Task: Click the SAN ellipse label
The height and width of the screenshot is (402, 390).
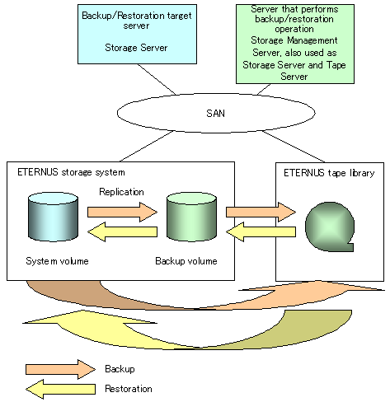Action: pyautogui.click(x=215, y=114)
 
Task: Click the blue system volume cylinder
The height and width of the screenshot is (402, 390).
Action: pyautogui.click(x=53, y=217)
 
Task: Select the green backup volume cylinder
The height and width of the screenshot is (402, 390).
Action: pyautogui.click(x=191, y=217)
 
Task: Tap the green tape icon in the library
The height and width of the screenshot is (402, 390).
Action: pyautogui.click(x=330, y=227)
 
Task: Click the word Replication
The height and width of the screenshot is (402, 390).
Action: pyautogui.click(x=121, y=192)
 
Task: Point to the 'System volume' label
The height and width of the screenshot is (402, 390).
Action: pyautogui.click(x=57, y=261)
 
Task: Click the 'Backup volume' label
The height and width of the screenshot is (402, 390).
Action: pyautogui.click(x=186, y=261)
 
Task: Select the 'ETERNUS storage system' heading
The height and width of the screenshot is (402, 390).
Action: pyautogui.click(x=71, y=172)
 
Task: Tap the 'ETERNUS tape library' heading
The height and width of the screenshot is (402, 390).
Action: pyautogui.click(x=329, y=173)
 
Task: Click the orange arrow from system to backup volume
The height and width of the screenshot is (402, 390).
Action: pyautogui.click(x=122, y=212)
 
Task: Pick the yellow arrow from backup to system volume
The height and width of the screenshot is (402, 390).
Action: pyautogui.click(x=122, y=232)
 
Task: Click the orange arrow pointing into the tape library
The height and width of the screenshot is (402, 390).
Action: pyautogui.click(x=261, y=212)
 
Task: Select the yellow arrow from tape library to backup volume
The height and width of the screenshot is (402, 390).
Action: pyautogui.click(x=261, y=232)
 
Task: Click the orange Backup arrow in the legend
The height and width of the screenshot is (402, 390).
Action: pyautogui.click(x=60, y=369)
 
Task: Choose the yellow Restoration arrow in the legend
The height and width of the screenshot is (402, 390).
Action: pyautogui.click(x=60, y=389)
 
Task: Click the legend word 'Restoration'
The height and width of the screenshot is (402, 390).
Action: pyautogui.click(x=129, y=389)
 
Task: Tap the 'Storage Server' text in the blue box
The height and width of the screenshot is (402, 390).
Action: pyautogui.click(x=136, y=48)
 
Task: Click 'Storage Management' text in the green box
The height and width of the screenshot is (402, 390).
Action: pyautogui.click(x=294, y=40)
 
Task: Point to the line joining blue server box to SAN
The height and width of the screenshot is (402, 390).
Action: pyautogui.click(x=157, y=79)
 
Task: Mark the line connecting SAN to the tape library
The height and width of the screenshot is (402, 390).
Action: pyautogui.click(x=294, y=147)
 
